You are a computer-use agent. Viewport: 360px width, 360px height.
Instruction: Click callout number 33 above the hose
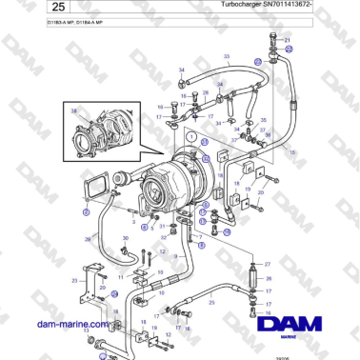tap(227, 58)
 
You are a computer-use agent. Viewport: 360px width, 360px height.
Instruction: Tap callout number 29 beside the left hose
tap(88, 238)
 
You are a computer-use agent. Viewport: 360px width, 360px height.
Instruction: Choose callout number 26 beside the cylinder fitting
tap(268, 278)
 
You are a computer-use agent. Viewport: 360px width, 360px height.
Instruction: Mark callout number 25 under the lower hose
tap(211, 302)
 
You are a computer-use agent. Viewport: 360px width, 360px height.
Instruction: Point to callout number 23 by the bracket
tap(74, 282)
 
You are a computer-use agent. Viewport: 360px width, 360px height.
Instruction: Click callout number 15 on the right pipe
tap(292, 150)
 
